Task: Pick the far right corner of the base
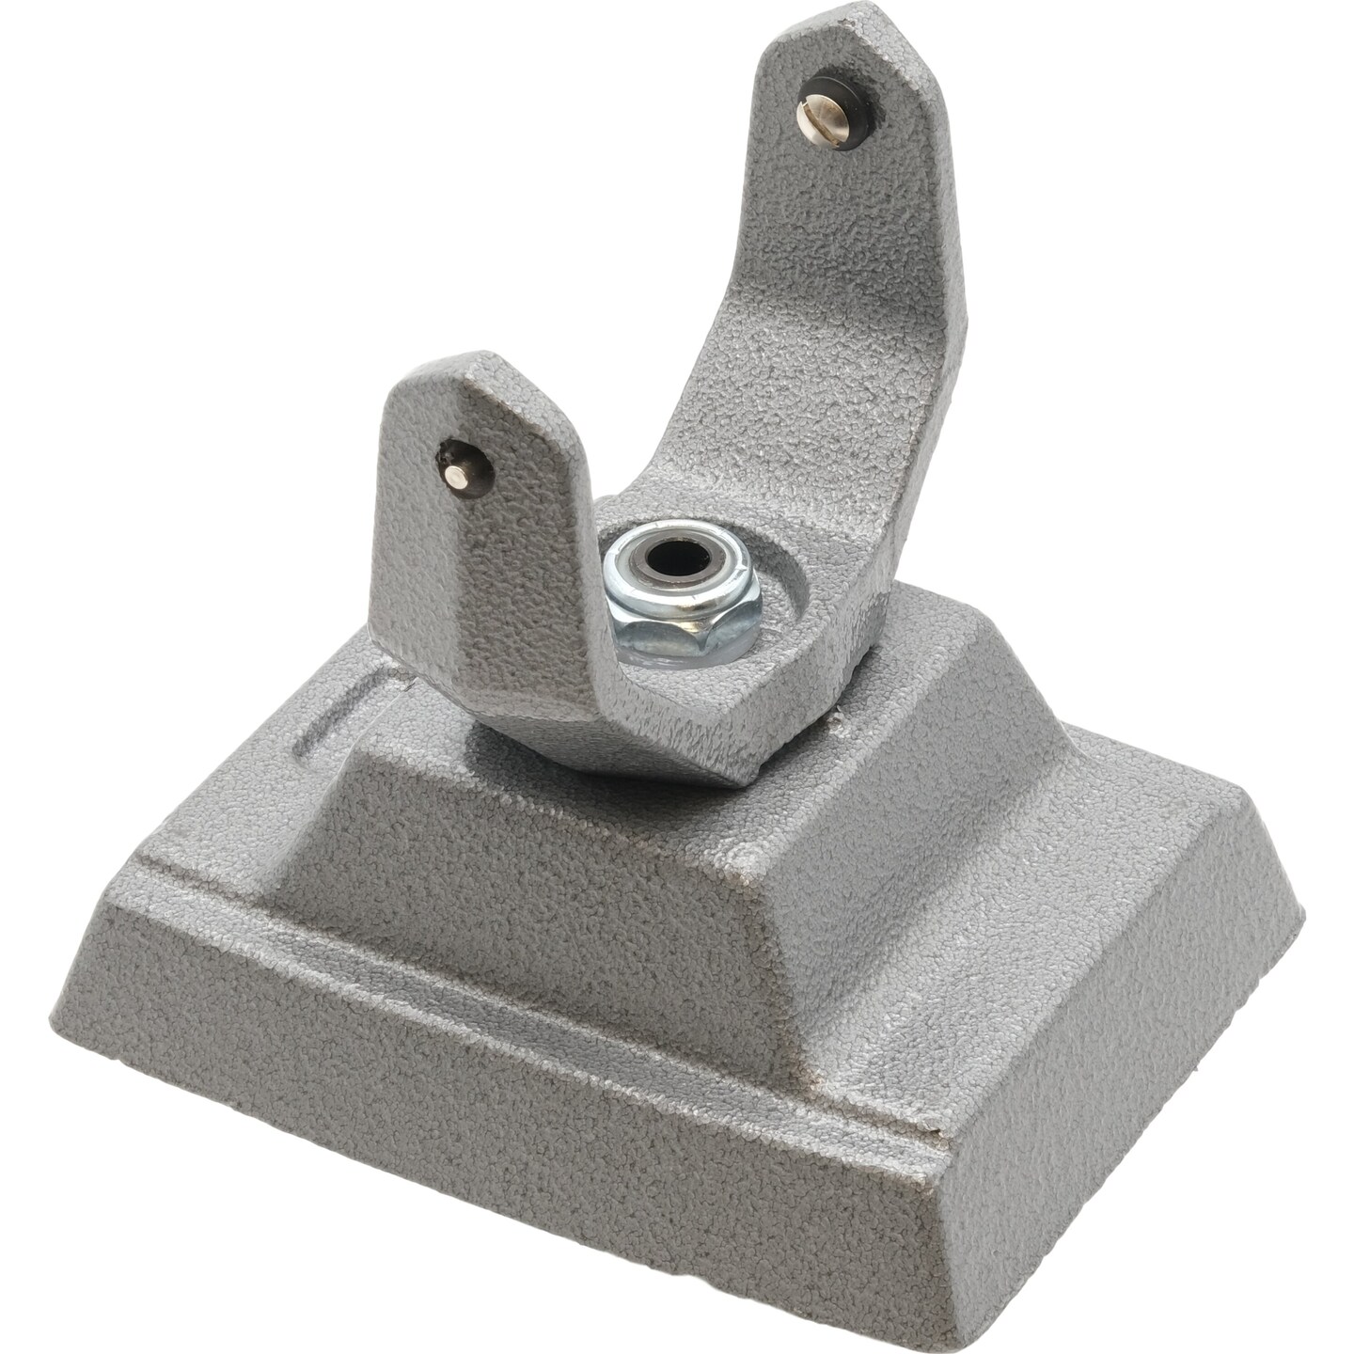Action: tap(1302, 907)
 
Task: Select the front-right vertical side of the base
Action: tap(1128, 1110)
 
